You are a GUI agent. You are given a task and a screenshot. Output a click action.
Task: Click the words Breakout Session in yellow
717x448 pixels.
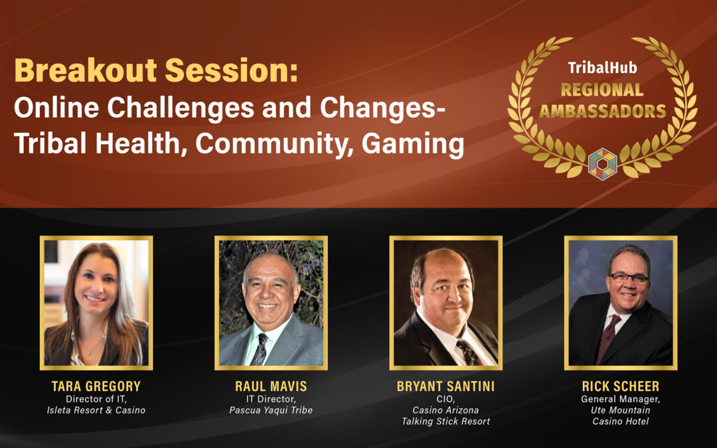point(156,70)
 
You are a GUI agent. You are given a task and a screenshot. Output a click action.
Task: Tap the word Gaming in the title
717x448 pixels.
point(413,144)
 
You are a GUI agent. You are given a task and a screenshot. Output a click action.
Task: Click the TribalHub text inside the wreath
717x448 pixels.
point(602,68)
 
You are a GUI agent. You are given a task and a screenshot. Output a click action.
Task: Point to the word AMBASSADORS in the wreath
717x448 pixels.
point(603,111)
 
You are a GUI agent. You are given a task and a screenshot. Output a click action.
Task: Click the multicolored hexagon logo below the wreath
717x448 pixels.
point(602,164)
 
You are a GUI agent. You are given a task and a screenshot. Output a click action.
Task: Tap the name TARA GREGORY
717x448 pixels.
point(96,386)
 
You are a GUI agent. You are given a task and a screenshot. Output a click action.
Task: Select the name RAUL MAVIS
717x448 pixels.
point(271,386)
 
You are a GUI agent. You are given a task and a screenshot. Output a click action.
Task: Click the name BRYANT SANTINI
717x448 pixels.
point(445,386)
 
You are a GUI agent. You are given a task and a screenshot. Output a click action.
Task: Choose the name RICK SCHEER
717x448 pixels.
point(621,386)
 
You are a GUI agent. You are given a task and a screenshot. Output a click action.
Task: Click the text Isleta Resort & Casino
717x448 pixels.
point(96,410)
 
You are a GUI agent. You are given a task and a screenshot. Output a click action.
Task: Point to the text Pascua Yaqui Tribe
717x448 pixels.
point(271,410)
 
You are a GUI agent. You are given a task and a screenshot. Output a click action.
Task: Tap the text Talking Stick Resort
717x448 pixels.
point(445,421)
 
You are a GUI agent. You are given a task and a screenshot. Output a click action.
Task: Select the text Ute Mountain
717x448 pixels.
point(621,410)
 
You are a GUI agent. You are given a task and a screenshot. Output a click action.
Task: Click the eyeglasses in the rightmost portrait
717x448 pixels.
point(629,277)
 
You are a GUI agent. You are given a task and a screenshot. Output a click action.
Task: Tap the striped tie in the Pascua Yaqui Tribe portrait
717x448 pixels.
point(260,349)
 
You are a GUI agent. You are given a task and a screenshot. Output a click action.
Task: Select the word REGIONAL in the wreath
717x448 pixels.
point(602,90)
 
